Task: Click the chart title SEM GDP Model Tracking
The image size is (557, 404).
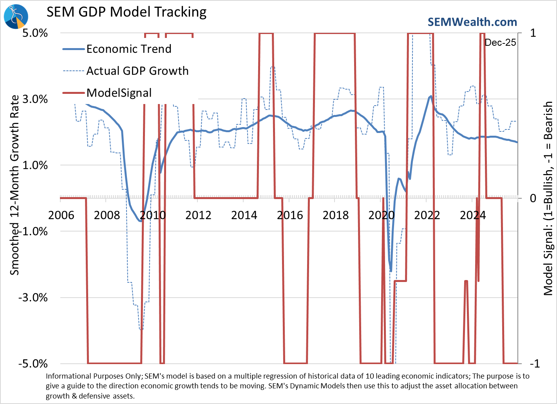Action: (x=127, y=12)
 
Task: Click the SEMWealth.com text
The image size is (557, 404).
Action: (x=472, y=22)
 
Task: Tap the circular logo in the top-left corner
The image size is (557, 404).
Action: (x=16, y=16)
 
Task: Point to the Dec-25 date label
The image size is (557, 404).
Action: (x=500, y=43)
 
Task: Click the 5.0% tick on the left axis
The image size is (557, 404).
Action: (x=35, y=33)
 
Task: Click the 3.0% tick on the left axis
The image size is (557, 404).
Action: (x=35, y=99)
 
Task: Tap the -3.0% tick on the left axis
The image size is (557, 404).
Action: (x=33, y=297)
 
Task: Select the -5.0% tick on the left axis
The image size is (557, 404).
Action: (x=33, y=363)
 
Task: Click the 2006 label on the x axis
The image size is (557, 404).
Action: (x=61, y=215)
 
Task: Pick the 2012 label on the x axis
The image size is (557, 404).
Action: (x=198, y=215)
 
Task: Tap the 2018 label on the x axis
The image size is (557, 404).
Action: (x=335, y=215)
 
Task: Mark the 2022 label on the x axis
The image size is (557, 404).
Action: (x=427, y=215)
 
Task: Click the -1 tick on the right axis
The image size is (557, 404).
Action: (x=534, y=363)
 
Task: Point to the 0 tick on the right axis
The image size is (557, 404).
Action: (x=533, y=198)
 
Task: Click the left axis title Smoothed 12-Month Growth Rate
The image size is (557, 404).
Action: (x=14, y=185)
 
